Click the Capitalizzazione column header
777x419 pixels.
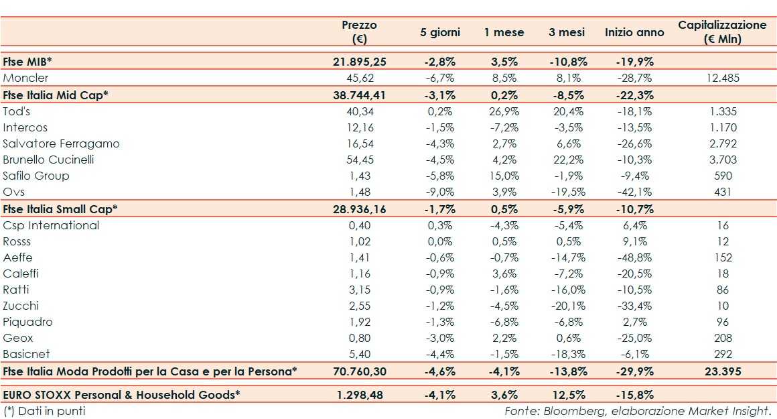click(721, 32)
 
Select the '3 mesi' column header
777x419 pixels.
click(566, 32)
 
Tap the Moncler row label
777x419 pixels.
click(25, 78)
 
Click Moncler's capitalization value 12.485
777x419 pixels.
click(722, 78)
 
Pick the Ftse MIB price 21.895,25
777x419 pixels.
click(360, 62)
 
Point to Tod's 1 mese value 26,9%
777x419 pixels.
click(504, 111)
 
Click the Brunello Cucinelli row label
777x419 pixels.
click(48, 160)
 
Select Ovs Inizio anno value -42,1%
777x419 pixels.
click(634, 192)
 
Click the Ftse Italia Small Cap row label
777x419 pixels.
click(60, 209)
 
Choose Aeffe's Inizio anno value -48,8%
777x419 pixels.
click(634, 257)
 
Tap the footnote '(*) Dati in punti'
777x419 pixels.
click(44, 410)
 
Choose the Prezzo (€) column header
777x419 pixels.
click(360, 32)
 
